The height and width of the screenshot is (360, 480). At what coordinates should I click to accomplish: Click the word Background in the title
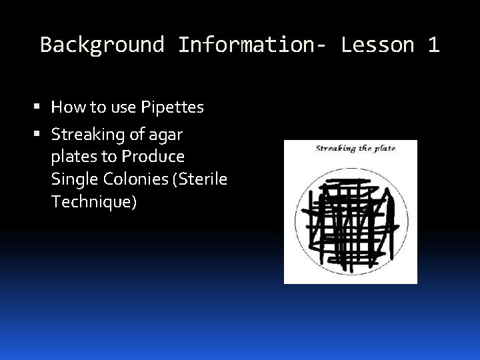102,45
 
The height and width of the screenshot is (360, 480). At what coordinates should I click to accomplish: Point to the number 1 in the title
433,45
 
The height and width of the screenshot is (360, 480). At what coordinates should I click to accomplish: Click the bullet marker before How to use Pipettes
42,107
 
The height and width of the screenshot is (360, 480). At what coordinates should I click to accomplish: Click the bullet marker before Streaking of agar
42,135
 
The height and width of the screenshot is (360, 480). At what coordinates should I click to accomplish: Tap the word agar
165,135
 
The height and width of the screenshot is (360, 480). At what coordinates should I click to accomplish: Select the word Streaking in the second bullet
89,135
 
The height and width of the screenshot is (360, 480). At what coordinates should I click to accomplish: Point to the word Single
72,180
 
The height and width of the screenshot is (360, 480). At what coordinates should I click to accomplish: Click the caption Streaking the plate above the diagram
355,149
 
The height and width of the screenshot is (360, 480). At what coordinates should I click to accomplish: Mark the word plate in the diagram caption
383,149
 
